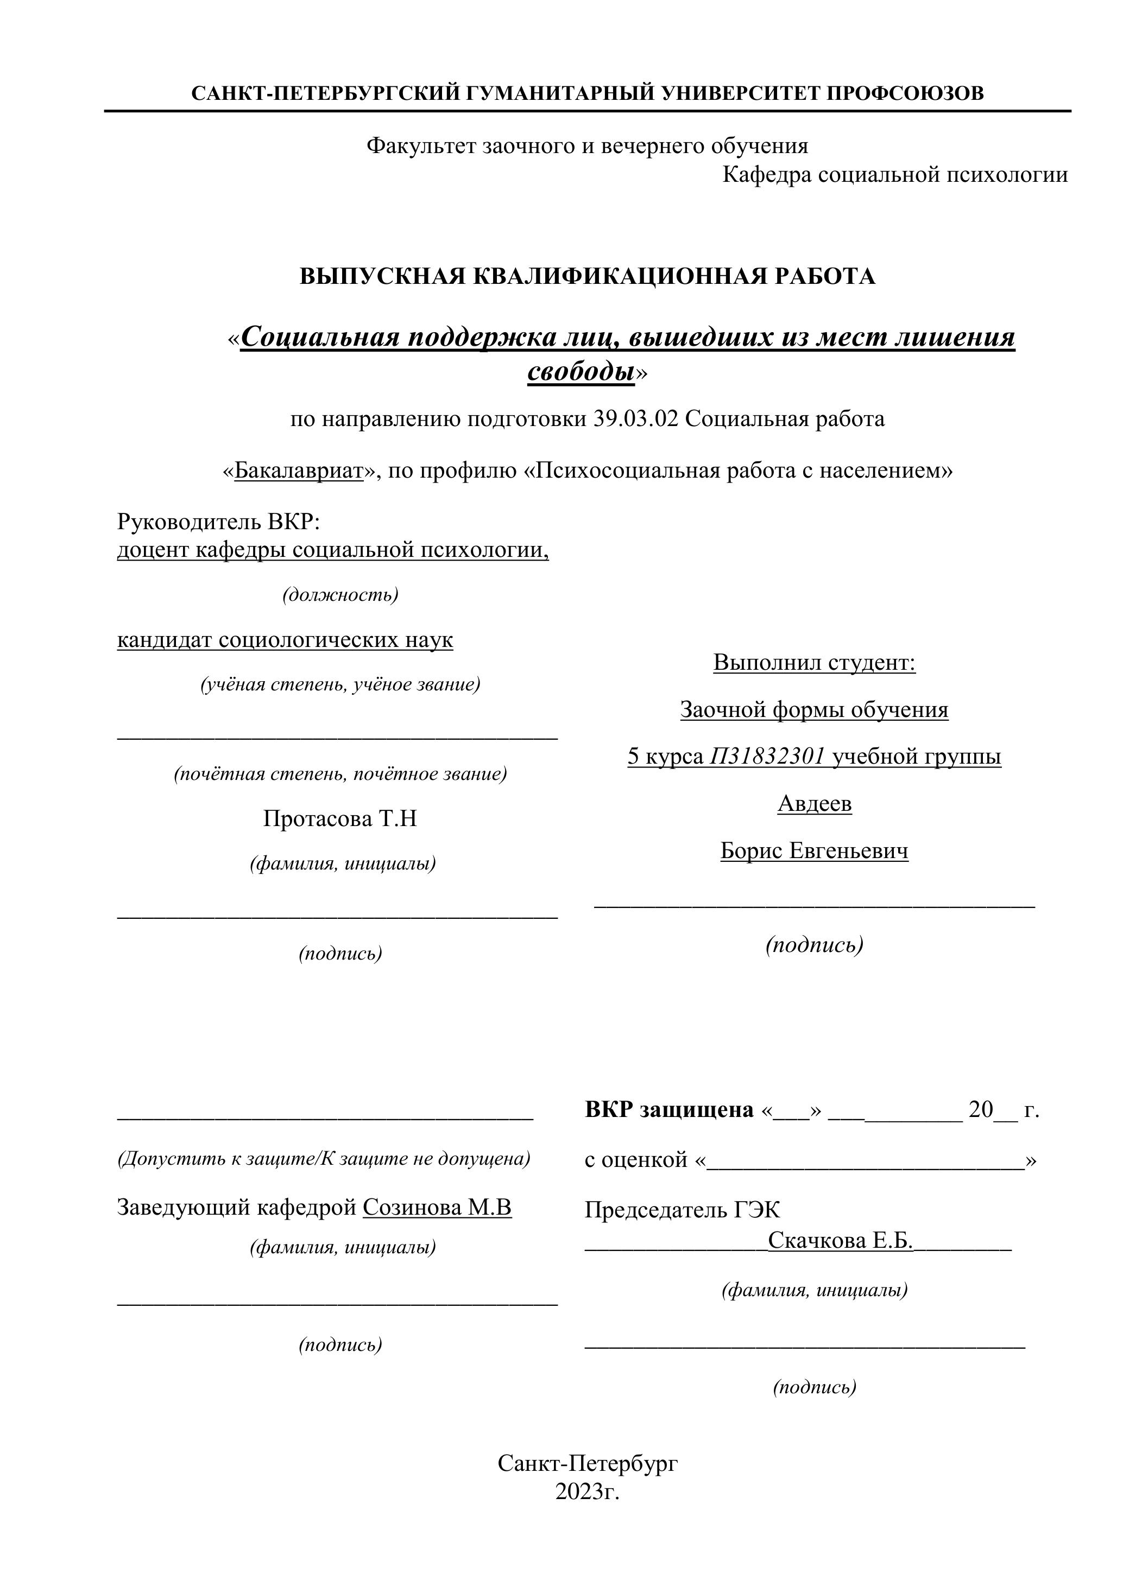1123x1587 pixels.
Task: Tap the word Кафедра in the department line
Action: (x=766, y=175)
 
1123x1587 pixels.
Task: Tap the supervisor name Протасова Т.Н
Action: (x=339, y=818)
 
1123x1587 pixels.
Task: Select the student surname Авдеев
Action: (x=815, y=803)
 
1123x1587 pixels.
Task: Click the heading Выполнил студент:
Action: (x=814, y=662)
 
